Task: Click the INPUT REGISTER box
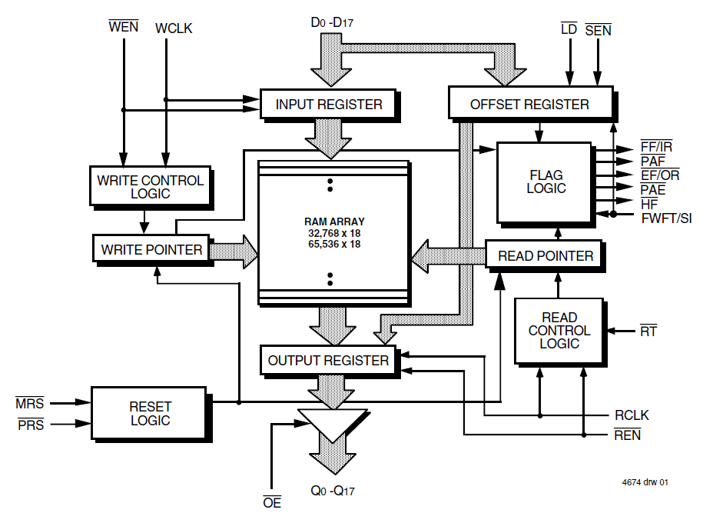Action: (329, 105)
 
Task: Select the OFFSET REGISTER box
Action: (529, 104)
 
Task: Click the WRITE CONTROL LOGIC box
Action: (151, 187)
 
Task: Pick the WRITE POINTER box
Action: (151, 249)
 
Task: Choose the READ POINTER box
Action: (546, 255)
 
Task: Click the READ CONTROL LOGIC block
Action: (559, 330)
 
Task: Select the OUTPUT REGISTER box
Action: (328, 360)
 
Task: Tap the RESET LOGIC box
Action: (150, 413)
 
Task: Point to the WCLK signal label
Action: (173, 28)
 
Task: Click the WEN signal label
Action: (123, 28)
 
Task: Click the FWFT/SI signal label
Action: (666, 218)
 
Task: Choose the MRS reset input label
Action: (30, 403)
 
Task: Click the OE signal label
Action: (272, 503)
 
